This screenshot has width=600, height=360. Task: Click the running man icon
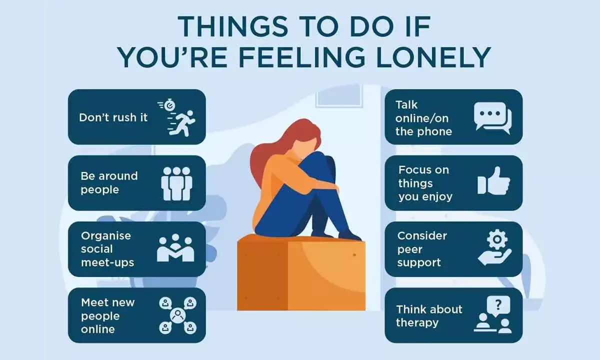[179, 118]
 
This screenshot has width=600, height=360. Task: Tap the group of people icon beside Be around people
[176, 183]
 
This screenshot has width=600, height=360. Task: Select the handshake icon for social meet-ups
[175, 248]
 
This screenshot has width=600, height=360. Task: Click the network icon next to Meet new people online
[177, 315]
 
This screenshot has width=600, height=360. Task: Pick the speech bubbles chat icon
[492, 117]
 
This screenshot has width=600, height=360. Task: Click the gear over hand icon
[494, 249]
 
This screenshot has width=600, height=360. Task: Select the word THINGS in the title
[215, 25]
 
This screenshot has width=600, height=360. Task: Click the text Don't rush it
[113, 118]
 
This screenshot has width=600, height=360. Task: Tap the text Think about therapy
[429, 315]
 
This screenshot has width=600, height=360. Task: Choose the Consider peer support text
[422, 249]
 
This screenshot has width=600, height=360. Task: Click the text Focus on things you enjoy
[424, 183]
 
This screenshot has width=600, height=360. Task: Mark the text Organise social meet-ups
[108, 249]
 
